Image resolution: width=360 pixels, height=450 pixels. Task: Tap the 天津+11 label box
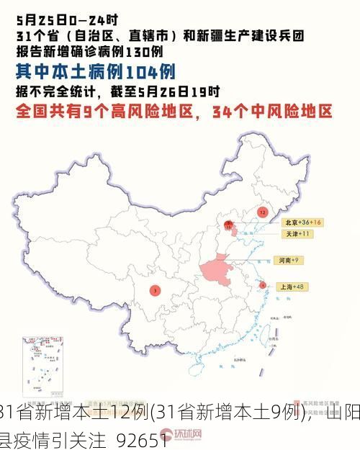(x=297, y=235)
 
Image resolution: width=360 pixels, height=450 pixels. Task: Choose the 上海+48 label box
(x=295, y=287)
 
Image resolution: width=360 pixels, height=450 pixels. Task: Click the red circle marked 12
(x=262, y=212)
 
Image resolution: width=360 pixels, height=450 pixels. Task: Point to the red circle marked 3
(x=155, y=290)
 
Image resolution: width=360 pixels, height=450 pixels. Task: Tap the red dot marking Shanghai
(x=263, y=285)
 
